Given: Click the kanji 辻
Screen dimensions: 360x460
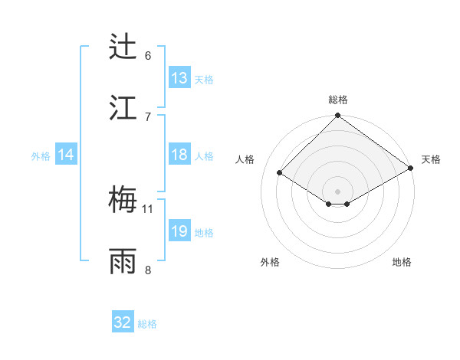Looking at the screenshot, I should tap(123, 47).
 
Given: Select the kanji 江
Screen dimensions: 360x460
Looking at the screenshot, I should tap(123, 107).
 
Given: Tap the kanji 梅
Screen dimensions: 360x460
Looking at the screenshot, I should tap(123, 200).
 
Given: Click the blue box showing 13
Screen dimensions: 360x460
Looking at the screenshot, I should tap(179, 78).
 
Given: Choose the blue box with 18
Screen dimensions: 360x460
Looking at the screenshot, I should tap(179, 155).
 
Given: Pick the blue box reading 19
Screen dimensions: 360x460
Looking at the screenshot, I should tap(179, 231).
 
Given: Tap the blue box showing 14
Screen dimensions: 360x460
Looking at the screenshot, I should tap(66, 155).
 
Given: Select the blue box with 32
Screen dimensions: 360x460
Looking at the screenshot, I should tap(123, 322).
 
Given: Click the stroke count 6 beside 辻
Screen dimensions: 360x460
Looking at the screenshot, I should tap(148, 55).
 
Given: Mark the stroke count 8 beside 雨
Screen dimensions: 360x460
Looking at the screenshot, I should tap(148, 270).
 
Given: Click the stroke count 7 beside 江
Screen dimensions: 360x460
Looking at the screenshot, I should tap(148, 116).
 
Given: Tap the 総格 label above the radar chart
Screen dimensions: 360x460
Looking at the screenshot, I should tap(338, 100).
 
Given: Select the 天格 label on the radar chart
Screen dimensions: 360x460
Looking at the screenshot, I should tap(431, 159).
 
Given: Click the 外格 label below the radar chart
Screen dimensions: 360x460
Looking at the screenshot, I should tap(270, 262).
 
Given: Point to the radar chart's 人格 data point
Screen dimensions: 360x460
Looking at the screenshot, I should tap(280, 173).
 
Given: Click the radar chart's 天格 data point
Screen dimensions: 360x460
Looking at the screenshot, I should tap(411, 167).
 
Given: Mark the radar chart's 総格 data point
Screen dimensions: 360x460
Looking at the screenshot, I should tap(338, 116).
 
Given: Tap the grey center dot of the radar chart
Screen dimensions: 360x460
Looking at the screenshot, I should tap(338, 191).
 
